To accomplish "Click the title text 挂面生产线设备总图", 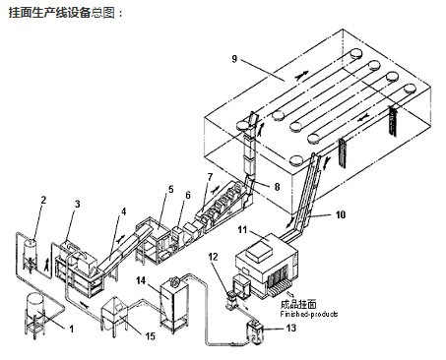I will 62,12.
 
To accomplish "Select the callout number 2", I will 42,202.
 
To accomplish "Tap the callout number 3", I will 79,204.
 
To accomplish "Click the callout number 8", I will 277,184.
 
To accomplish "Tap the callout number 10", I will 341,211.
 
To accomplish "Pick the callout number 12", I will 213,258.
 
